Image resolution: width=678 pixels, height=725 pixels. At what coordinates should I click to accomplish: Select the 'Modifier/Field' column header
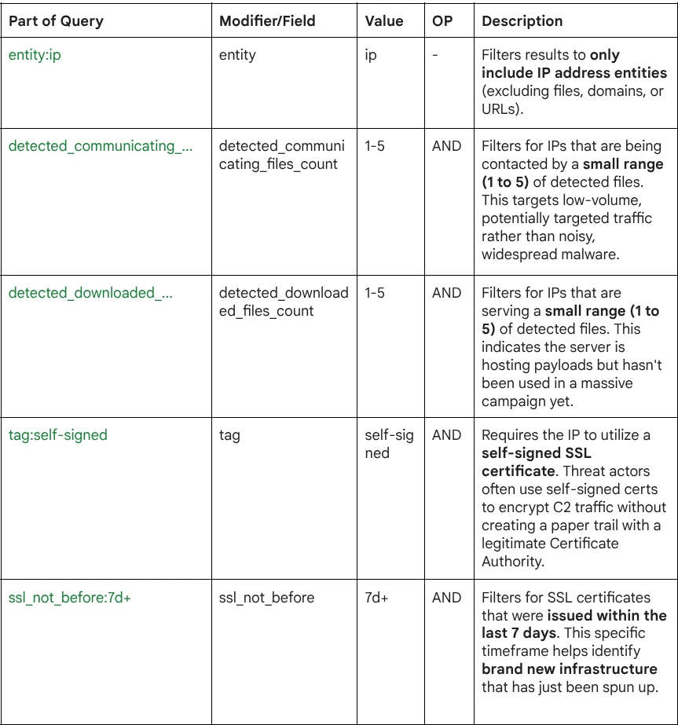pyautogui.click(x=267, y=21)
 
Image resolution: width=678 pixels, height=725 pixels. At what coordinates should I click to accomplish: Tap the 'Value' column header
pyautogui.click(x=384, y=21)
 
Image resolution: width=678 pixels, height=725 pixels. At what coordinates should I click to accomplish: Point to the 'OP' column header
pyautogui.click(x=442, y=21)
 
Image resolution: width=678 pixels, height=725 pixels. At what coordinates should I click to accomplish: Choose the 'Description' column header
pyautogui.click(x=522, y=21)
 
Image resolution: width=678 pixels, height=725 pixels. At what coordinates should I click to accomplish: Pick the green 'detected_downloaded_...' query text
pyautogui.click(x=90, y=293)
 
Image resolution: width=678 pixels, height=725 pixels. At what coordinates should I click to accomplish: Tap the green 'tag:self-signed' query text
pyautogui.click(x=57, y=435)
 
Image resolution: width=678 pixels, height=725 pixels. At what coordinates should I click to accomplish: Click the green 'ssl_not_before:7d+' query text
pyautogui.click(x=69, y=598)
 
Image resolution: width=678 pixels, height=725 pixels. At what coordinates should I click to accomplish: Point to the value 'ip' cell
pyautogui.click(x=371, y=55)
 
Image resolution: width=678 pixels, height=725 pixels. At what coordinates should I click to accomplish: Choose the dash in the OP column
pyautogui.click(x=435, y=55)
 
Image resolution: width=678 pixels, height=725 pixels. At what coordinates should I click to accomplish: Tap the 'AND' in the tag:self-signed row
pyautogui.click(x=446, y=435)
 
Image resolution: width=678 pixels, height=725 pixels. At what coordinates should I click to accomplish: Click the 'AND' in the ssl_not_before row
pyautogui.click(x=446, y=598)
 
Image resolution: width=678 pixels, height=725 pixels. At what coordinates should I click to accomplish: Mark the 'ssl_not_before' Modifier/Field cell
pyautogui.click(x=266, y=598)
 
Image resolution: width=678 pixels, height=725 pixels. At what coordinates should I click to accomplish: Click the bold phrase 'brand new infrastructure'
pyautogui.click(x=570, y=669)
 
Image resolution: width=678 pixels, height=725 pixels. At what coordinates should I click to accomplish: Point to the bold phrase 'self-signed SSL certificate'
pyautogui.click(x=536, y=462)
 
